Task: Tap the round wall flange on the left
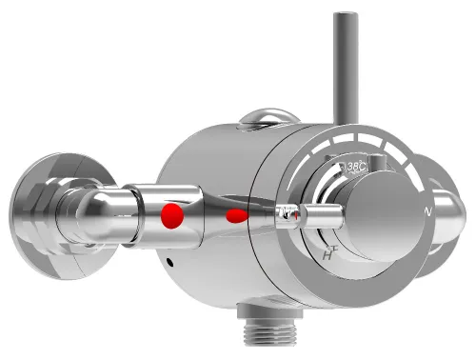coord(35,200)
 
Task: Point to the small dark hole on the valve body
coord(169,263)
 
